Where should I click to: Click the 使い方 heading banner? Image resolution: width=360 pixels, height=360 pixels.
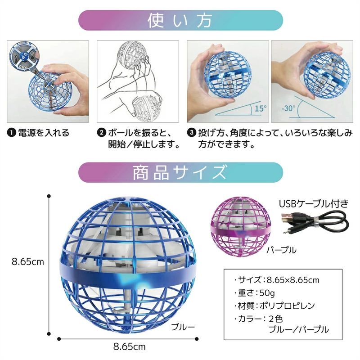[181, 20]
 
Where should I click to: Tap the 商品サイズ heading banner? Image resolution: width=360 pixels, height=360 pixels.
[181, 172]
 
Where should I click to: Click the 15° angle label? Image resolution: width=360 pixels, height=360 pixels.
[261, 108]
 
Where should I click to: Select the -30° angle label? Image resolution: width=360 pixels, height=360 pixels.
[288, 108]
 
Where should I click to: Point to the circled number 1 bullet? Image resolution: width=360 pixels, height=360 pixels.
[11, 133]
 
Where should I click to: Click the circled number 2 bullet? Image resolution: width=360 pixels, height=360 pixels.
[101, 133]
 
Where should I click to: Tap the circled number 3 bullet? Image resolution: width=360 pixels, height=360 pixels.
[191, 133]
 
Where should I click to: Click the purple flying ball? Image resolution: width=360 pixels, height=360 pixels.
[240, 227]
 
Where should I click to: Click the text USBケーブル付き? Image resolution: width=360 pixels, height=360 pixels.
[314, 204]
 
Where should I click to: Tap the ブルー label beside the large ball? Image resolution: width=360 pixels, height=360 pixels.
[183, 327]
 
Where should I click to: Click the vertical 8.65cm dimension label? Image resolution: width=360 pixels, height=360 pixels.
[28, 262]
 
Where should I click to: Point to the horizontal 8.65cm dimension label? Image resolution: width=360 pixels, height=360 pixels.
[130, 346]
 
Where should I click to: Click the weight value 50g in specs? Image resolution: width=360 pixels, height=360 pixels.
[267, 293]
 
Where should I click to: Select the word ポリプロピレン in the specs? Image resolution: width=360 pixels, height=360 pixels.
[287, 306]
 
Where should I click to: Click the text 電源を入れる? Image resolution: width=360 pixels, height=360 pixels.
[44, 133]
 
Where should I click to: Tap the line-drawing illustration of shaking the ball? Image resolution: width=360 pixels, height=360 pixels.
[138, 81]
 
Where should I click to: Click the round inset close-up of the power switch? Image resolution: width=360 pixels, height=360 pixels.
[24, 56]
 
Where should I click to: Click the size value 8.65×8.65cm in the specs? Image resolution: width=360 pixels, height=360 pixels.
[293, 280]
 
